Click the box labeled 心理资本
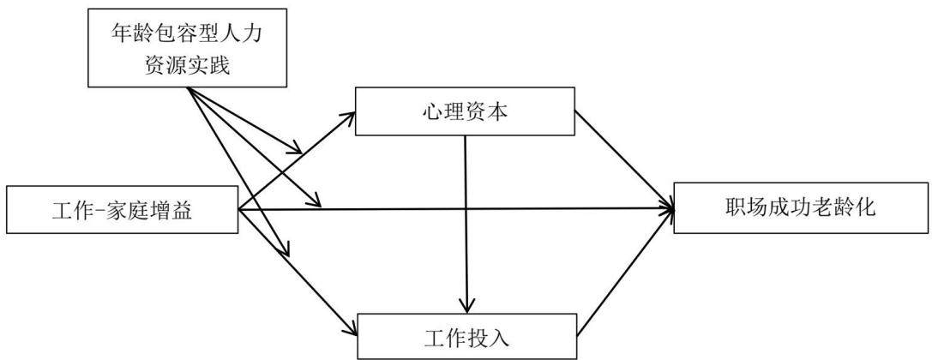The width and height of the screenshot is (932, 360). point(465,111)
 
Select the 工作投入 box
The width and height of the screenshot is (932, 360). point(466,336)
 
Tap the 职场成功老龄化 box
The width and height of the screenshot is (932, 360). point(802,209)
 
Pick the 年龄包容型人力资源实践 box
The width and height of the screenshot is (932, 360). point(187,47)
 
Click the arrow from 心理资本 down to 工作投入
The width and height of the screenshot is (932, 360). point(466,224)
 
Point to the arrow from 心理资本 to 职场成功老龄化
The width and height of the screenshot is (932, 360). point(625,159)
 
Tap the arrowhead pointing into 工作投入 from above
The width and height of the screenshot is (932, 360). point(466,305)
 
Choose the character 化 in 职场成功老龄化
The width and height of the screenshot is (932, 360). point(867,208)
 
